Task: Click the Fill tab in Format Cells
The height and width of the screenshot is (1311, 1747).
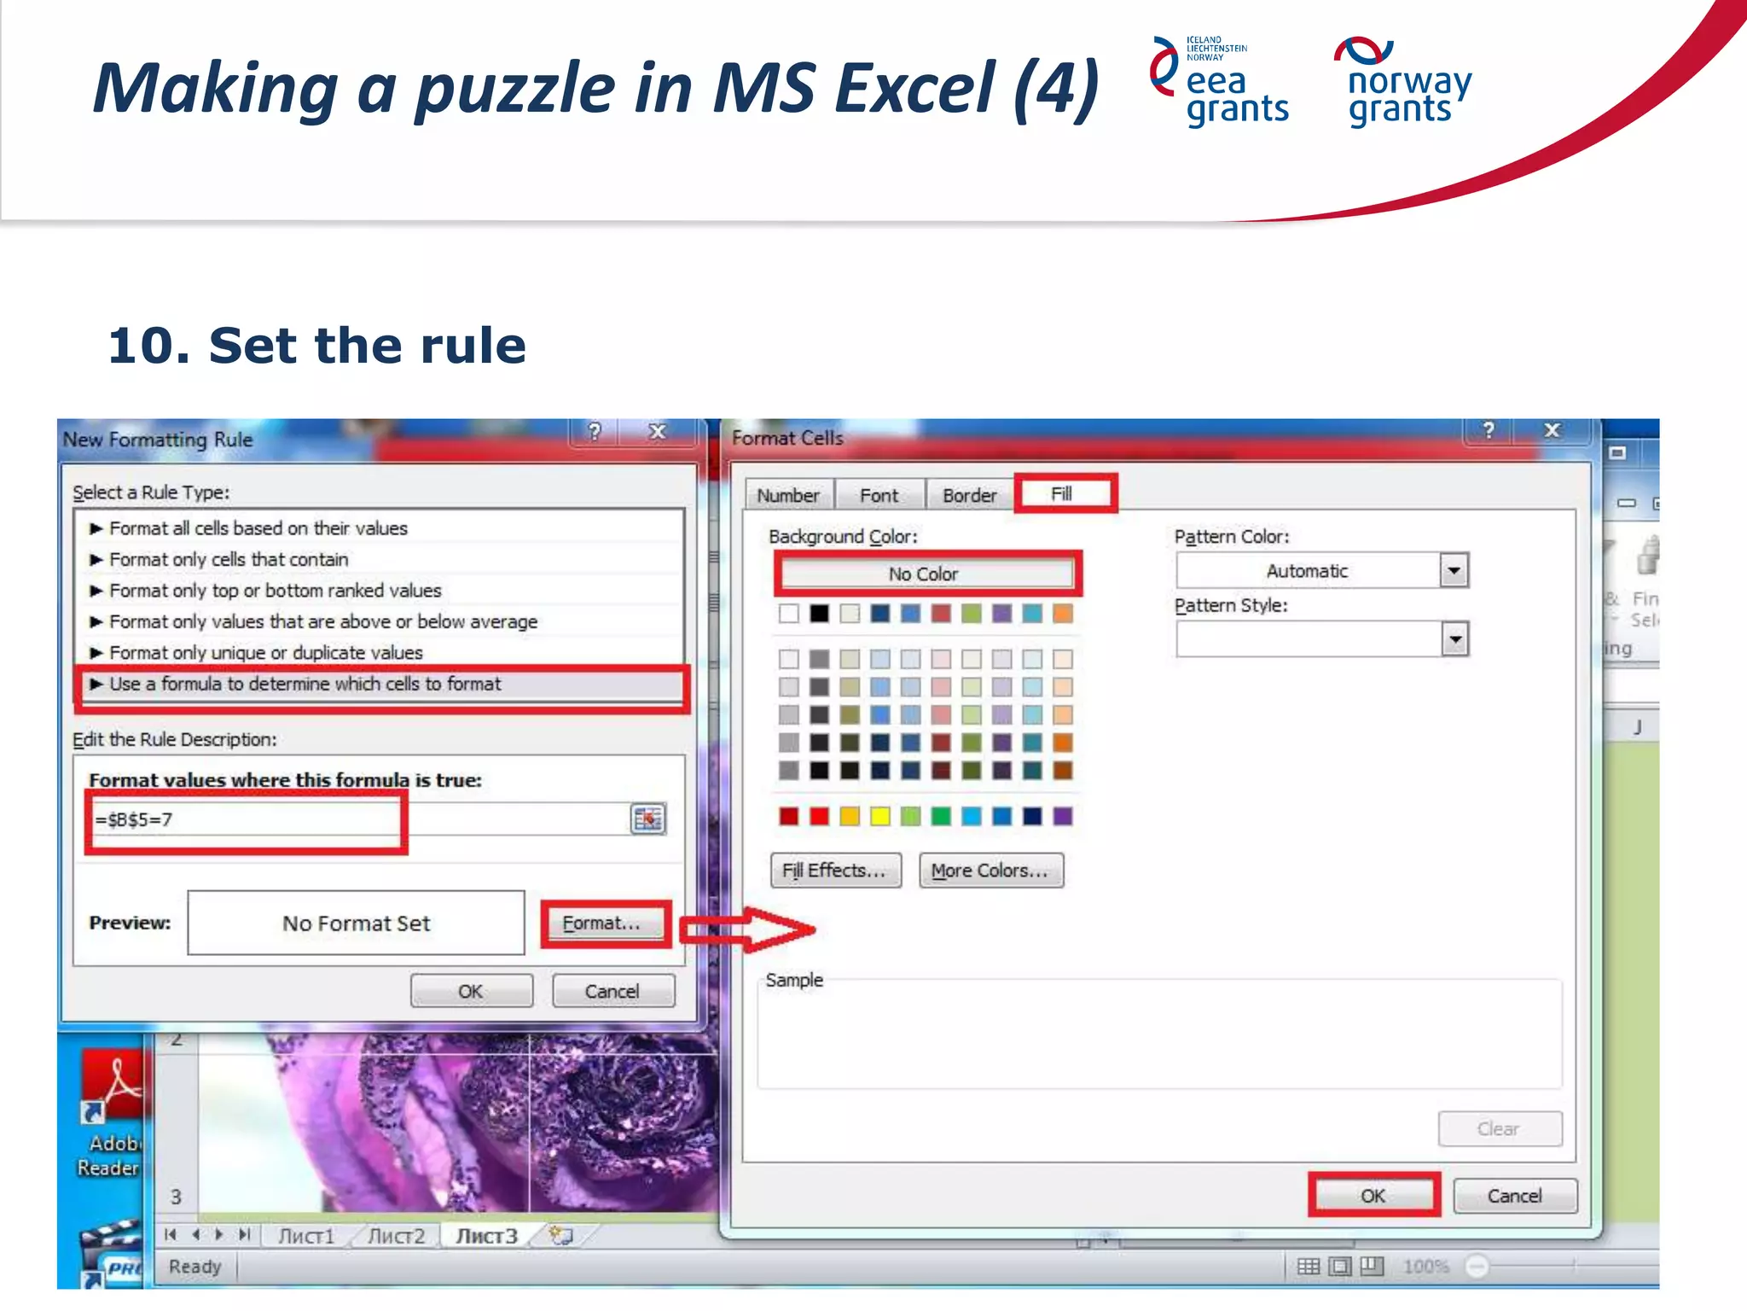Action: [x=1063, y=494]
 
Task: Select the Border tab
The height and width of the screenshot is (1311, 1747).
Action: [x=969, y=496]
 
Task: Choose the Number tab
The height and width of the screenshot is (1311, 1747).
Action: [x=787, y=496]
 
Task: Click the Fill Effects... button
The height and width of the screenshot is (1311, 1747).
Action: [x=834, y=871]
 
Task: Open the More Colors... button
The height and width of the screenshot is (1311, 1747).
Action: [x=990, y=871]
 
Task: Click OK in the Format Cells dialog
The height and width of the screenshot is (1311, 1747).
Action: [x=1373, y=1196]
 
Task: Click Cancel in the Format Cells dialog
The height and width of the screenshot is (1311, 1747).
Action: [x=1514, y=1196]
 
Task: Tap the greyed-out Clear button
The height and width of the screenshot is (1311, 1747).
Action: [x=1499, y=1129]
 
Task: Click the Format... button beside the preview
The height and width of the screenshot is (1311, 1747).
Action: [x=602, y=924]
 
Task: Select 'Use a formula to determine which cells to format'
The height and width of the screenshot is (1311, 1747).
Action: [x=304, y=685]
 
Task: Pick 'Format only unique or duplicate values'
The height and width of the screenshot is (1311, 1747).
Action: [x=265, y=653]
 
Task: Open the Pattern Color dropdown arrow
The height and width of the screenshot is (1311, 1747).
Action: [x=1454, y=571]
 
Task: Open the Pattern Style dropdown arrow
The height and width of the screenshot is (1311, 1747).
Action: [x=1454, y=639]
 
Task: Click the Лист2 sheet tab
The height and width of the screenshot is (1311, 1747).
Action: [x=397, y=1236]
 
